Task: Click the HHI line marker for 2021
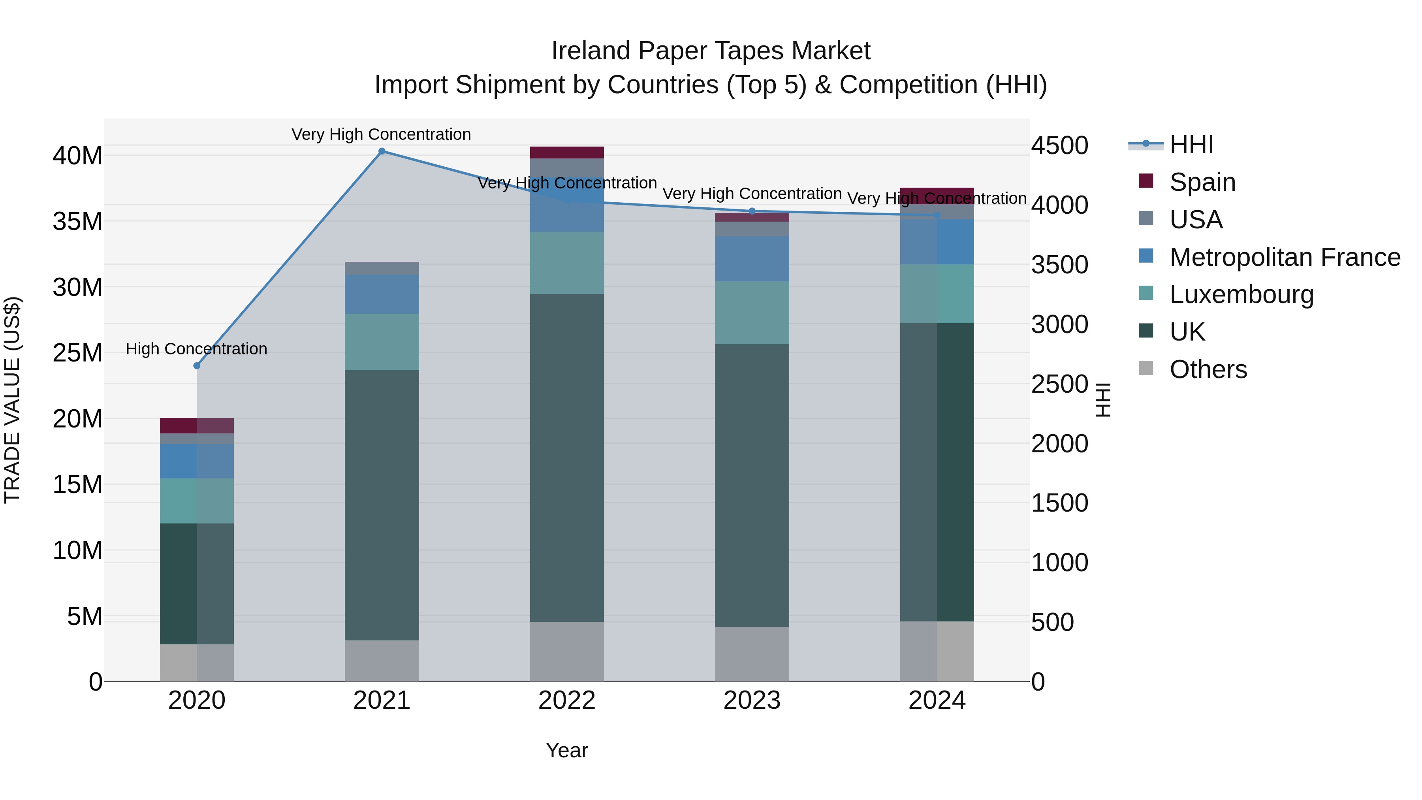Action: [x=382, y=151]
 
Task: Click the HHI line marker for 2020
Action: [x=197, y=365]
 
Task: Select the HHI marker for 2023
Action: [x=752, y=211]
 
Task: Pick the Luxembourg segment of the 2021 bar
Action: [x=382, y=342]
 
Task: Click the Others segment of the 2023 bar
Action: [x=752, y=654]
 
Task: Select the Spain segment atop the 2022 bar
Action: [x=567, y=152]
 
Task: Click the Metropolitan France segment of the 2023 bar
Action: [x=752, y=258]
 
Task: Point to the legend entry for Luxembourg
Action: [x=1241, y=294]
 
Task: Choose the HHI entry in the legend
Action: [x=1191, y=145]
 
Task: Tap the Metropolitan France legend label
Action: [x=1285, y=257]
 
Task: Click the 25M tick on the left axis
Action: [x=77, y=353]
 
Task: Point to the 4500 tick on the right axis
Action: [x=1060, y=146]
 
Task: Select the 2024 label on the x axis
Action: [x=937, y=700]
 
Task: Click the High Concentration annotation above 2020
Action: [x=197, y=349]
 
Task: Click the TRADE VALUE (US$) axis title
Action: [x=12, y=400]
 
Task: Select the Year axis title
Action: [x=567, y=750]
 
